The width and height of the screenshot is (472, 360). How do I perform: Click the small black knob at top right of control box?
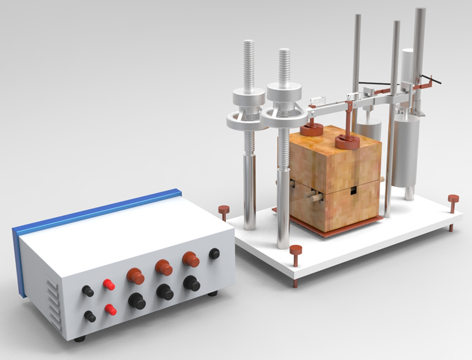point(215,253)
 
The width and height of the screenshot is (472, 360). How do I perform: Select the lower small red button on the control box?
point(111,310)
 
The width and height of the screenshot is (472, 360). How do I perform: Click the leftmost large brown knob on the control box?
point(135,276)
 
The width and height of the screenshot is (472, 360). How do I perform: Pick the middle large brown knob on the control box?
point(164,267)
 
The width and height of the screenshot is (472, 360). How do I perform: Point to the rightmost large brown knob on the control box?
point(190,259)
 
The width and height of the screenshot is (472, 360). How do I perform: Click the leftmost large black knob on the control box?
point(137,301)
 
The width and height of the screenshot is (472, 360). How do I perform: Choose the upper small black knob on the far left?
point(88,291)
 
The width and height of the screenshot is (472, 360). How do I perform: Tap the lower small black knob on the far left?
point(90,316)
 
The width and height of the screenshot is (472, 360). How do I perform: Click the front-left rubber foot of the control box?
point(79,339)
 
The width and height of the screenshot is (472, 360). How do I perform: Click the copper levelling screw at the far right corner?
point(453,200)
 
